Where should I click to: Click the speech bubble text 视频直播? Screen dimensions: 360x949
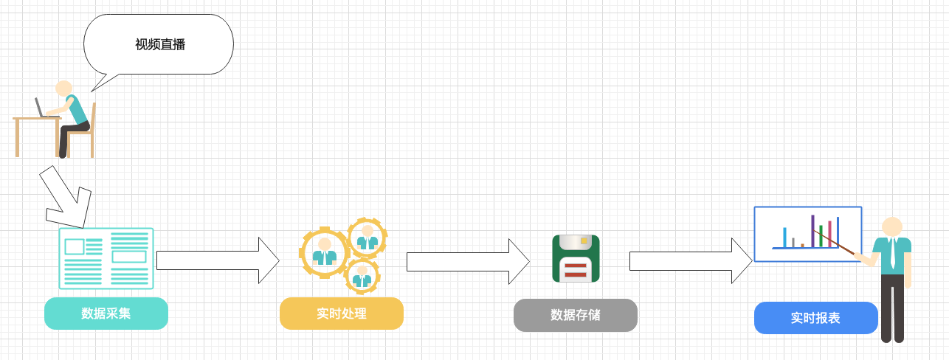click(159, 45)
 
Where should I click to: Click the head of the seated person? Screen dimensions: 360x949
click(63, 89)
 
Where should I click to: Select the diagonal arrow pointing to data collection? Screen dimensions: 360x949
click(65, 198)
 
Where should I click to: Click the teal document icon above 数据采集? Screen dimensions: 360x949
click(106, 258)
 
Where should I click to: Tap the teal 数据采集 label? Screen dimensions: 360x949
click(106, 314)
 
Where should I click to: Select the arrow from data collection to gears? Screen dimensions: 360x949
click(217, 260)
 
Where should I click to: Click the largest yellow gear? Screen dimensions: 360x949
click(324, 252)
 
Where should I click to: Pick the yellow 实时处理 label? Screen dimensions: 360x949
click(342, 314)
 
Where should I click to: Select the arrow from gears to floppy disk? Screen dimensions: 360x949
click(467, 261)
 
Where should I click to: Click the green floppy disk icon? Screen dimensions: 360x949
click(576, 258)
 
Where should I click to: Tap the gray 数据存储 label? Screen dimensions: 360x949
click(576, 315)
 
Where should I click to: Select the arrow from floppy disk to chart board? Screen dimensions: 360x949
click(690, 260)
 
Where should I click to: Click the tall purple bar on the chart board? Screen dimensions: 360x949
click(812, 231)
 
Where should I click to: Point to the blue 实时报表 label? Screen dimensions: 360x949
click(815, 318)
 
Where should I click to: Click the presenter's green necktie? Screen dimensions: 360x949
click(893, 254)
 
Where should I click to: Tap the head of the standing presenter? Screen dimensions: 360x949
click(892, 226)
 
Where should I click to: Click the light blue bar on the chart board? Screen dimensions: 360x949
click(784, 238)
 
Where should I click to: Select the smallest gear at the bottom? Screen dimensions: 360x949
click(362, 276)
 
